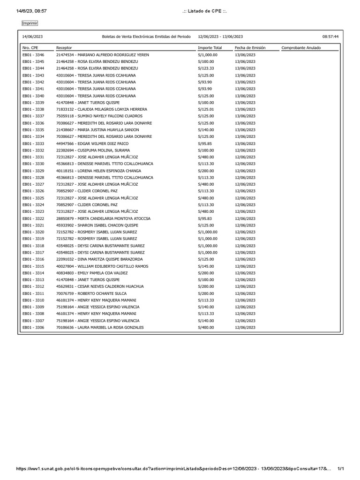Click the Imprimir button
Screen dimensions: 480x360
coord(30,23)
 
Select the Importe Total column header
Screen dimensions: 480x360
coord(210,48)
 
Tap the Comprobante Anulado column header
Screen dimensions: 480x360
coord(301,48)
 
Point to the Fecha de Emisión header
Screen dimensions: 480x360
coord(250,48)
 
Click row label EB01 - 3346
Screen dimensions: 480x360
coord(33,55)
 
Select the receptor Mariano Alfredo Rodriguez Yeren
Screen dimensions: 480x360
coord(102,55)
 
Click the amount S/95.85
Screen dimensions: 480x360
coord(205,143)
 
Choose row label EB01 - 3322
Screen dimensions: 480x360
coord(33,218)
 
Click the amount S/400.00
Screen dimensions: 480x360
coord(206,327)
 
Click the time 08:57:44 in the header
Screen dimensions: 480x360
coord(330,37)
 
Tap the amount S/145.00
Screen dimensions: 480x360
coord(206,266)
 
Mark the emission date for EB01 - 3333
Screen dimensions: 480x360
coord(245,143)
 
